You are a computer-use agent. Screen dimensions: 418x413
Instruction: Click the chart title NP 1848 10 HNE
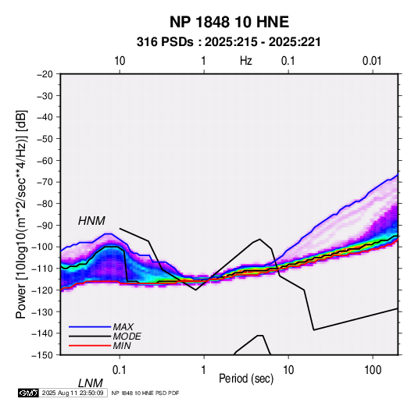tap(229, 22)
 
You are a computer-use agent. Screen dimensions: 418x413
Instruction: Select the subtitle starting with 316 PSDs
tap(229, 42)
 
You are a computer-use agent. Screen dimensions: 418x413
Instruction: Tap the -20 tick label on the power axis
tap(45, 74)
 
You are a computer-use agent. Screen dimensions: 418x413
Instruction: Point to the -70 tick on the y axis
tap(45, 182)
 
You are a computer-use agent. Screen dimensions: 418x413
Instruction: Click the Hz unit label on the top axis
tap(246, 61)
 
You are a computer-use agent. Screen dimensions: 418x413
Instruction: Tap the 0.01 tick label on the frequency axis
tap(372, 61)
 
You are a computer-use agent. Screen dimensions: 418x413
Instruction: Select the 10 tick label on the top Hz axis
tap(120, 61)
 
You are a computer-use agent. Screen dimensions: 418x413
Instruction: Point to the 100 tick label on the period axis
tap(373, 370)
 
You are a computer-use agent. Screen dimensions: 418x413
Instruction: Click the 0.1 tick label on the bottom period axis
tap(120, 370)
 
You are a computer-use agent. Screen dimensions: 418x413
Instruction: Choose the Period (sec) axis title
tap(246, 379)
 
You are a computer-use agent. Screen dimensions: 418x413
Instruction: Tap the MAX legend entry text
tap(123, 327)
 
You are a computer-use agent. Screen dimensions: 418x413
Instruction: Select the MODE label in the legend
tap(127, 336)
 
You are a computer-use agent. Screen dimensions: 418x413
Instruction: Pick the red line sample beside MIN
tap(90, 346)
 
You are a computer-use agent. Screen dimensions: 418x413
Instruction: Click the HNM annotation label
tap(91, 221)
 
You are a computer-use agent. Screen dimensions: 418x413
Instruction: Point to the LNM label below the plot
tap(91, 383)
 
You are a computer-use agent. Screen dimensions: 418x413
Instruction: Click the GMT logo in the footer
tap(28, 393)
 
